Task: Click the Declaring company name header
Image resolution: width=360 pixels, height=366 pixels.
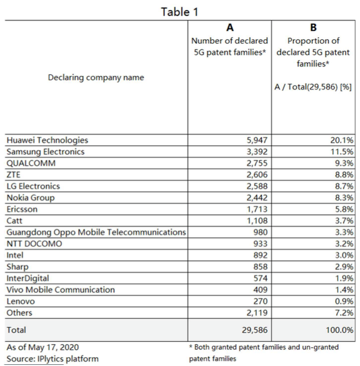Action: [96, 78]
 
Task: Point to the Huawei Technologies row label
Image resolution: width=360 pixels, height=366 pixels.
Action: [47, 140]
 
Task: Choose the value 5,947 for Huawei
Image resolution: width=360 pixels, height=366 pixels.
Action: [255, 141]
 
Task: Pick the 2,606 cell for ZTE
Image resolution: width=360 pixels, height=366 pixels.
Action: [255, 175]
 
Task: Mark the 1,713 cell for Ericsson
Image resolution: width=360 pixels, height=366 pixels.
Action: [255, 210]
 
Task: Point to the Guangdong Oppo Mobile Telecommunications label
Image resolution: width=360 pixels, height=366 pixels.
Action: [95, 232]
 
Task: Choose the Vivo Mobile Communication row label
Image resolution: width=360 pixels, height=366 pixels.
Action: [60, 290]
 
